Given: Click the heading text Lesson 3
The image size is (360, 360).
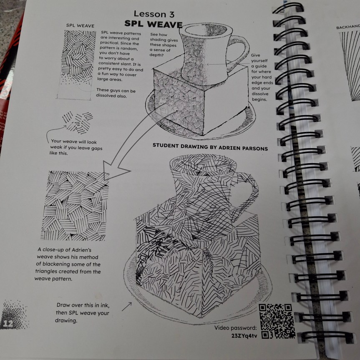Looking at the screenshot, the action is (154, 14).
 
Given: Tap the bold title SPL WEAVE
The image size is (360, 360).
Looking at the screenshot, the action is (154, 24).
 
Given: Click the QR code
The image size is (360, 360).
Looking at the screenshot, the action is (277, 321).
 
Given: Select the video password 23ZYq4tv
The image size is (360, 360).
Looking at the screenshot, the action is (244, 336).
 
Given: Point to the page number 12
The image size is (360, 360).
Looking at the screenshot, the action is (8, 324).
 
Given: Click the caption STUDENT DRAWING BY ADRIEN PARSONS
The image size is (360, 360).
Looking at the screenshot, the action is (210, 147).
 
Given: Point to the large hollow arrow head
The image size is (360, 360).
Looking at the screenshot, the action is (114, 170).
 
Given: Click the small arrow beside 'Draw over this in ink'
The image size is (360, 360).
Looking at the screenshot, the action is (126, 307).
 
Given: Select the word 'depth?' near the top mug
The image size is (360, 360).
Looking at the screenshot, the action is (156, 55).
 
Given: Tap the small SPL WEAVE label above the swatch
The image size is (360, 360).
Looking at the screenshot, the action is (80, 25).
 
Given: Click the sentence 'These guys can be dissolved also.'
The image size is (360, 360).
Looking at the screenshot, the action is (116, 93).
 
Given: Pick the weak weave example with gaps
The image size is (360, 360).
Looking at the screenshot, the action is (78, 122).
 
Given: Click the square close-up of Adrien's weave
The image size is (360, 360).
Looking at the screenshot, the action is (75, 206).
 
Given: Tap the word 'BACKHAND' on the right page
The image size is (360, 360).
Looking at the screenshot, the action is (347, 27).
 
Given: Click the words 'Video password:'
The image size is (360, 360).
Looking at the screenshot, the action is (236, 327).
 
